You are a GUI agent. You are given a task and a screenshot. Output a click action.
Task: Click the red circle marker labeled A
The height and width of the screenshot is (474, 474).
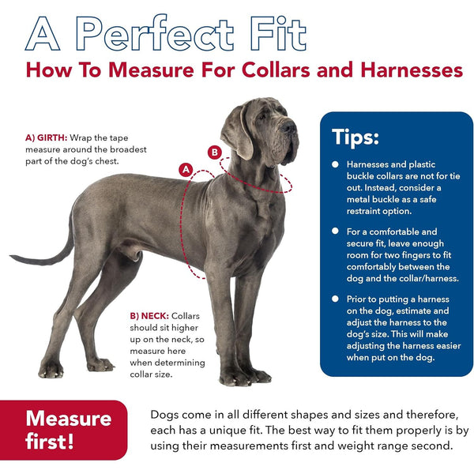coord(186,170)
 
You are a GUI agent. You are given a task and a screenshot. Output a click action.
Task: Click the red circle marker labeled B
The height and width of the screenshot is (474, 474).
coord(215,152)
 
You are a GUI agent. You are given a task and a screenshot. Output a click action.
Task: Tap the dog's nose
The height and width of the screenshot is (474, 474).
coord(288,126)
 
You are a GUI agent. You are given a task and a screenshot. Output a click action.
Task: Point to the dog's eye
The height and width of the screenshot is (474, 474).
coord(261,116)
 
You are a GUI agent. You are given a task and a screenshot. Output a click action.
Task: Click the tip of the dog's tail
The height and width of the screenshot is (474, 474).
coord(11,256)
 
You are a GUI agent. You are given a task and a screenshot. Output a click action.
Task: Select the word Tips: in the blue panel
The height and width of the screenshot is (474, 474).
coord(355,137)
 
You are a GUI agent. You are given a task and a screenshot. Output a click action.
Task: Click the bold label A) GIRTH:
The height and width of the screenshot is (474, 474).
coord(47,137)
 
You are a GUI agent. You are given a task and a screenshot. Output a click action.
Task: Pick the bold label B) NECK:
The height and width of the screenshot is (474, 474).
coord(149,316)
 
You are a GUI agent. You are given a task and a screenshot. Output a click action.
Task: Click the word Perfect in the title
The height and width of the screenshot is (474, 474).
coord(154,33)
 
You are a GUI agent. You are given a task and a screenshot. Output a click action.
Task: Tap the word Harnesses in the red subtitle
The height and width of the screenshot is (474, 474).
coord(412,70)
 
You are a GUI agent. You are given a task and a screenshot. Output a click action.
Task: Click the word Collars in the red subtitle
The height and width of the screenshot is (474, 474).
coord(276,70)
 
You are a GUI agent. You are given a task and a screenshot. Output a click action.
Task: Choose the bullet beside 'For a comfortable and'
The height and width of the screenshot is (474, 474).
coord(335,231)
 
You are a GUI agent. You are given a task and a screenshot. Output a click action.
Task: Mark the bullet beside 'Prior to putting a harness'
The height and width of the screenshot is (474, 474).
coord(335,299)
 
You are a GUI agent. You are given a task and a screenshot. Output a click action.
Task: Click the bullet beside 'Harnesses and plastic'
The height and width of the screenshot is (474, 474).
coord(335,164)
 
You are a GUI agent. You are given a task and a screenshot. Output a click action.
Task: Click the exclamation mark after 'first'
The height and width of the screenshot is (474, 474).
coord(70,441)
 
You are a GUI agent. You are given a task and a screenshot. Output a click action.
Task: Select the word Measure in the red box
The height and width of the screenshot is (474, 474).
coord(69,419)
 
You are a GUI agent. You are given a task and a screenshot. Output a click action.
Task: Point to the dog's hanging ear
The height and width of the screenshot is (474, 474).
coord(238,133)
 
